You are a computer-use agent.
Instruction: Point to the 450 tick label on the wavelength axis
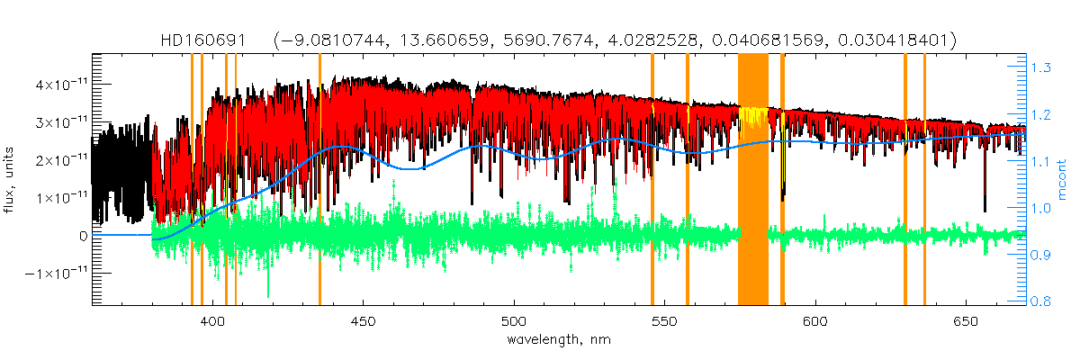click(x=363, y=321)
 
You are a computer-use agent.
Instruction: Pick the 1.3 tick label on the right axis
click(x=1044, y=67)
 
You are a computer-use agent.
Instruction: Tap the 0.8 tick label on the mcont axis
click(x=1044, y=301)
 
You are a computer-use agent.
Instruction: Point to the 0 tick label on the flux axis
click(x=84, y=235)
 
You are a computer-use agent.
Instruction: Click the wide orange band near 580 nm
click(x=752, y=180)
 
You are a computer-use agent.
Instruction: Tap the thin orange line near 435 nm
click(x=319, y=180)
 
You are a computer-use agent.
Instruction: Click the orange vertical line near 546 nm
click(x=652, y=180)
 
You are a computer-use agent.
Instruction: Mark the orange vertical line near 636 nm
click(x=924, y=180)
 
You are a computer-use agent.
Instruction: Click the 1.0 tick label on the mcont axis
click(x=1044, y=208)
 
